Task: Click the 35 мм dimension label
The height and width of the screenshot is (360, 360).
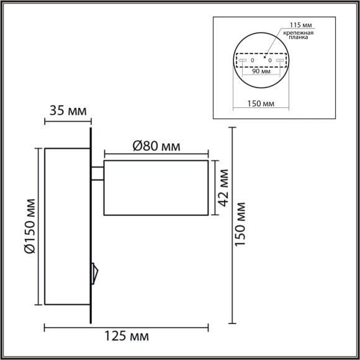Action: coord(68,112)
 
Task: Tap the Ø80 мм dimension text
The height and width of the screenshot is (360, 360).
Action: coord(156,146)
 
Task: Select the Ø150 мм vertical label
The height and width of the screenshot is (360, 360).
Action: coord(29,227)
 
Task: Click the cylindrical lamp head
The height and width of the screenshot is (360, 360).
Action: coord(156,188)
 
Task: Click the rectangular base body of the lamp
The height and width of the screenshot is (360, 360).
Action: coord(67,226)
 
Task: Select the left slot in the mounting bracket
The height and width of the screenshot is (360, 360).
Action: coord(243,60)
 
